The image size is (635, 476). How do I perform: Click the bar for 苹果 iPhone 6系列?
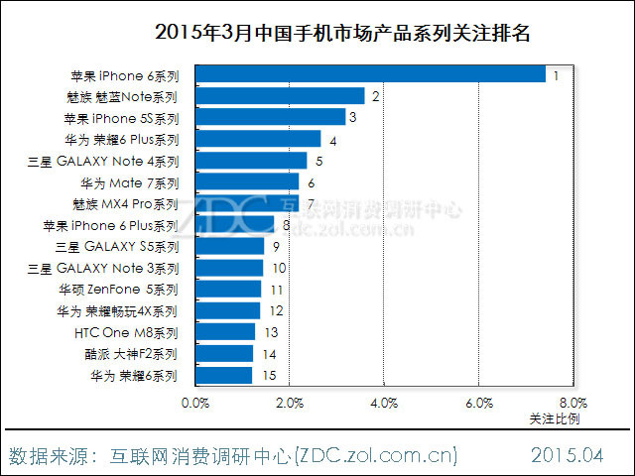point(370,74)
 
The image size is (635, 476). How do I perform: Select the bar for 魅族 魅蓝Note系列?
point(280,96)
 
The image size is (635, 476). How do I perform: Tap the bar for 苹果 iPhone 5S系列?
point(270,118)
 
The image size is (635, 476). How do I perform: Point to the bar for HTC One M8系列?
point(224,332)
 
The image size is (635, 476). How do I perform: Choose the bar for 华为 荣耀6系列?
point(223,375)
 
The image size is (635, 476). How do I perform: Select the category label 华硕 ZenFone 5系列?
point(118,290)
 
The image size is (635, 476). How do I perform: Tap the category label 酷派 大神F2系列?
point(125,354)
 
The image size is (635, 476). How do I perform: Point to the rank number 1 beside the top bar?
point(558,74)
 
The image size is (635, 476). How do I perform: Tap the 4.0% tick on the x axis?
point(384,404)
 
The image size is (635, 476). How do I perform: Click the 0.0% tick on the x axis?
point(195,404)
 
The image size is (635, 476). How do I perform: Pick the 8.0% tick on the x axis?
point(572,404)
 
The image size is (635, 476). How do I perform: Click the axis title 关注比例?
point(555,418)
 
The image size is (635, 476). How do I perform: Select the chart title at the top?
point(343,33)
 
